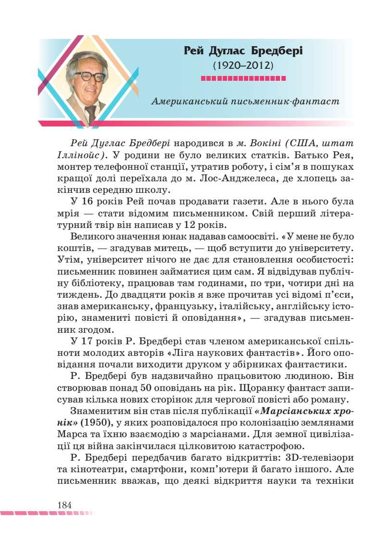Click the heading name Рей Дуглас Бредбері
pyautogui.click(x=243, y=50)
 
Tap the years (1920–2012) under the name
pyautogui.click(x=243, y=64)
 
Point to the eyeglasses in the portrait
pyautogui.click(x=90, y=76)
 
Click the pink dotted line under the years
pyautogui.click(x=243, y=78)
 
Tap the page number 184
pyautogui.click(x=64, y=505)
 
